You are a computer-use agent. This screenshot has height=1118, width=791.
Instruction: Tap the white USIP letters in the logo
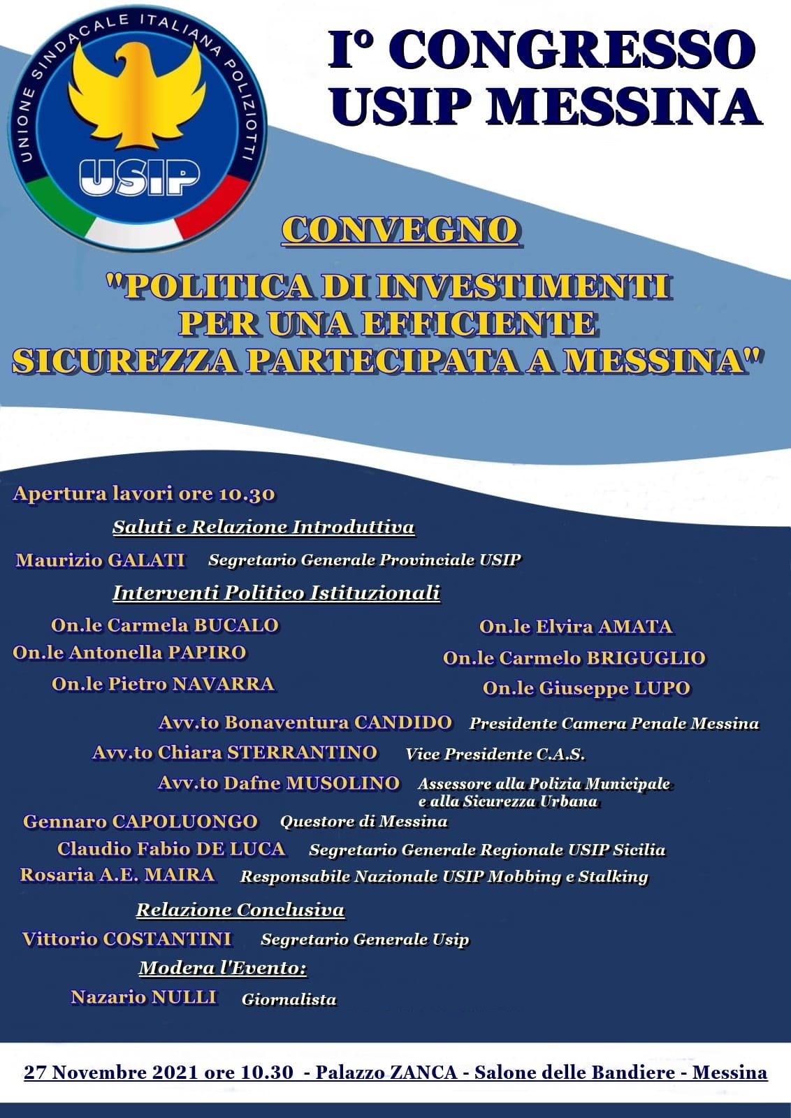coord(140,177)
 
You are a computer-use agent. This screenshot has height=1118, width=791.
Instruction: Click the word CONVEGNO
coord(400,231)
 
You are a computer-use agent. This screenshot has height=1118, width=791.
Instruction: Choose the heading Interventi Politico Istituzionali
coord(276,593)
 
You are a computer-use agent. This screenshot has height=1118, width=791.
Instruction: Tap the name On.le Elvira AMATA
coord(576,627)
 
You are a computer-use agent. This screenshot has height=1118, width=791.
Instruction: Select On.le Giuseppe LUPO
coord(586,688)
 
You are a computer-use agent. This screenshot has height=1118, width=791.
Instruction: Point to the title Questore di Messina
coord(363,822)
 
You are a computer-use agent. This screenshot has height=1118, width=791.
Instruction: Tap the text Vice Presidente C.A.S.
coord(495,754)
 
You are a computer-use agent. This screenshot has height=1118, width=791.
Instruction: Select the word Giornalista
coord(289,1000)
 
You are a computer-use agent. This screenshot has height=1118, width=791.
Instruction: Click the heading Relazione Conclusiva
coord(240,910)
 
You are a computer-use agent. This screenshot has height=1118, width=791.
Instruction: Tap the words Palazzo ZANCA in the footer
coord(386,1073)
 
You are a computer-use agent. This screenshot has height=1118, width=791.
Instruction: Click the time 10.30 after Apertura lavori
coord(247,494)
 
